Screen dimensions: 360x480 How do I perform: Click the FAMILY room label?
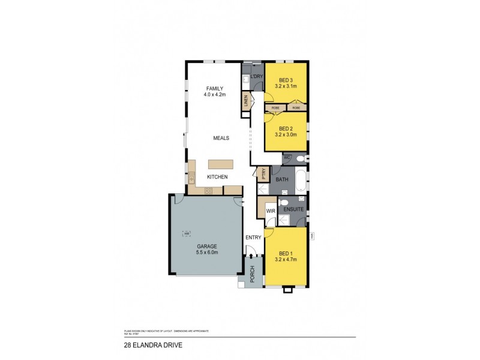pyautogui.click(x=214, y=88)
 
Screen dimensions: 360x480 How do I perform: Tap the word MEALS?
pyautogui.click(x=221, y=137)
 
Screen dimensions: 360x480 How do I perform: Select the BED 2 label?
pyautogui.click(x=286, y=129)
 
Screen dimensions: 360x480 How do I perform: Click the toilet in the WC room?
pyautogui.click(x=300, y=159)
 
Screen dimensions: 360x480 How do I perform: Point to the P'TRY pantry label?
pyautogui.click(x=262, y=174)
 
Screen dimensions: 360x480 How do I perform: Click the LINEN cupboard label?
pyautogui.click(x=246, y=101)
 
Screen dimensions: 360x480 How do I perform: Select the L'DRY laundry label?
pyautogui.click(x=257, y=77)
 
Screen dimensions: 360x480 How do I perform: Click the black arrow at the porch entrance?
pyautogui.click(x=251, y=256)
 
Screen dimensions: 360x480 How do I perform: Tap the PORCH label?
pyautogui.click(x=252, y=274)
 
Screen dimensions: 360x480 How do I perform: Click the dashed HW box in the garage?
pyautogui.click(x=187, y=233)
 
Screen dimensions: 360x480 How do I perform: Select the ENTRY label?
pyautogui.click(x=253, y=238)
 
